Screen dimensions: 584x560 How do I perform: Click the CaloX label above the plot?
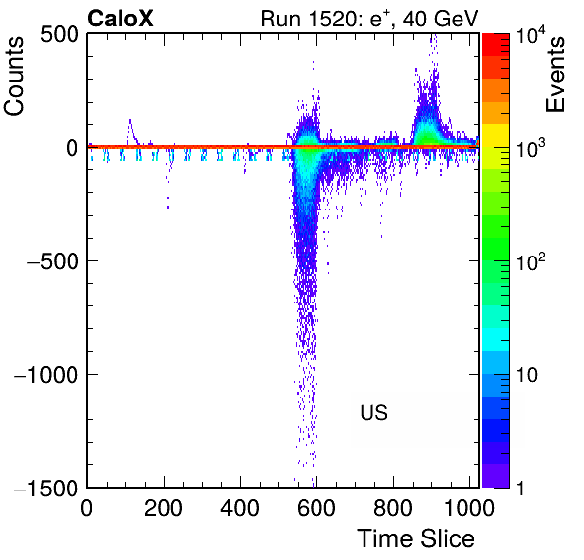(x=120, y=19)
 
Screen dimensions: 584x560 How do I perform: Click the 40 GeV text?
(x=440, y=19)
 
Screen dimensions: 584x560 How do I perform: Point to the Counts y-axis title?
(x=14, y=76)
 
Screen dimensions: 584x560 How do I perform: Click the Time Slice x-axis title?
(x=415, y=538)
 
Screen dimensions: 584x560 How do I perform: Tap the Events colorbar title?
(x=556, y=74)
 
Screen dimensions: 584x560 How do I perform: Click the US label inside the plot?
(x=373, y=412)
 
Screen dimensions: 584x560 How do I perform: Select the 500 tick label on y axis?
(x=60, y=35)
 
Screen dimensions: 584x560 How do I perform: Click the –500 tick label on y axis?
(x=53, y=261)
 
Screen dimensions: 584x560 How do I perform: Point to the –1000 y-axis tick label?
(x=46, y=374)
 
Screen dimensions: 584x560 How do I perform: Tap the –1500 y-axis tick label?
(x=46, y=488)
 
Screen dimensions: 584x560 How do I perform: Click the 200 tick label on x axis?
(x=163, y=507)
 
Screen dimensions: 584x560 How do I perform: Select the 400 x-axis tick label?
(x=240, y=507)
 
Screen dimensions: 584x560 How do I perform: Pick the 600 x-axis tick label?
(x=316, y=507)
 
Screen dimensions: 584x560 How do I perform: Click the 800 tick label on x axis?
(x=393, y=507)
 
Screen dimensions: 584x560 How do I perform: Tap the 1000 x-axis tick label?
(x=469, y=507)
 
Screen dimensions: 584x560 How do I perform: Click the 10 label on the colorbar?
(x=526, y=375)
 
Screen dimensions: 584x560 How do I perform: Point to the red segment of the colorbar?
(x=496, y=45)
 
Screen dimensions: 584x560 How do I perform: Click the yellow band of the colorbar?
(x=496, y=135)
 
